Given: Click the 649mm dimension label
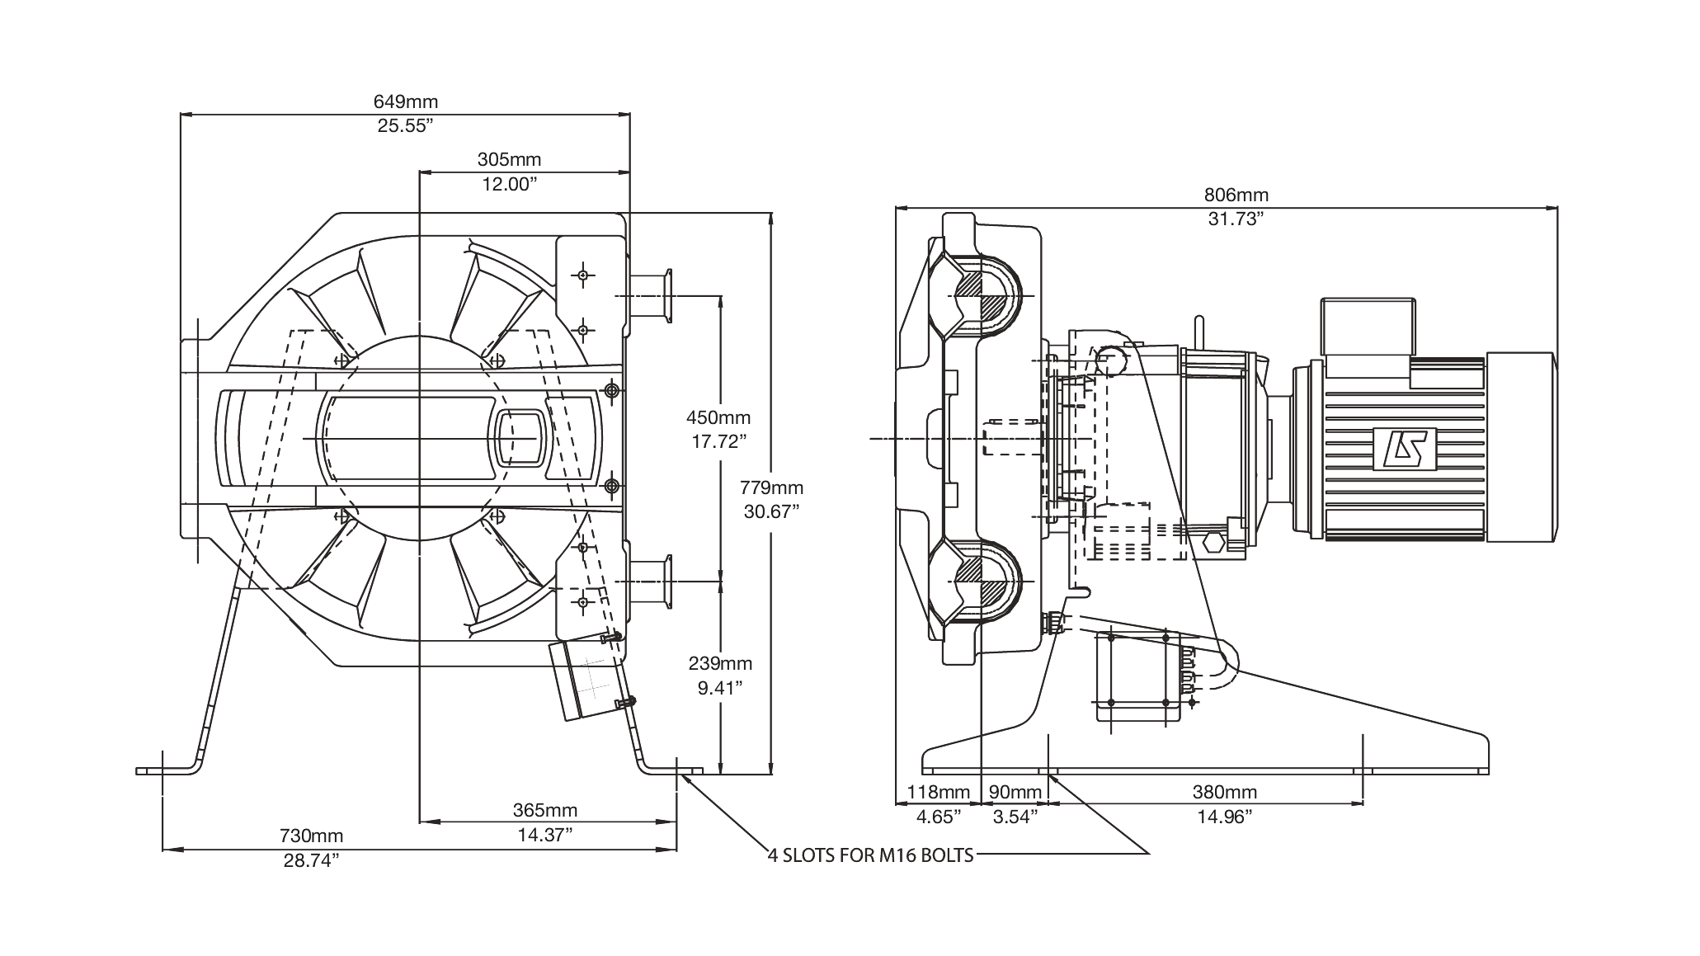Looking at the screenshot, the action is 406,101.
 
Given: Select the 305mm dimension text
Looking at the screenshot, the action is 510,159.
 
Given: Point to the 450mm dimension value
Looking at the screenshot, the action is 718,418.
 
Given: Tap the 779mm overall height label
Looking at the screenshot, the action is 771,488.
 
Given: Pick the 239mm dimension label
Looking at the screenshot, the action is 720,663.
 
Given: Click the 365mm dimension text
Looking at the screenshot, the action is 545,810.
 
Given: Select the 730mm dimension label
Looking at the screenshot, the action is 311,836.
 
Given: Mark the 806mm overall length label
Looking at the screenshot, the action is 1236,195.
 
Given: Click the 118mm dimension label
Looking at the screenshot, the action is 939,793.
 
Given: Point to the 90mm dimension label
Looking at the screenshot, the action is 1015,793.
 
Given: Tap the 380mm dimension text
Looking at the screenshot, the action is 1225,793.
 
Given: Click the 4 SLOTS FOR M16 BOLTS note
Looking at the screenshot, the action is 871,855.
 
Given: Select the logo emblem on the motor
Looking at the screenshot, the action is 1406,449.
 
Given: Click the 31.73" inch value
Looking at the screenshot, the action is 1236,219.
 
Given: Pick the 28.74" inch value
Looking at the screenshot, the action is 311,860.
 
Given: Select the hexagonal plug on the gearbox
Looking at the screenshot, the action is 1214,544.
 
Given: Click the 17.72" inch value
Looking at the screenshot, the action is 718,442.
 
